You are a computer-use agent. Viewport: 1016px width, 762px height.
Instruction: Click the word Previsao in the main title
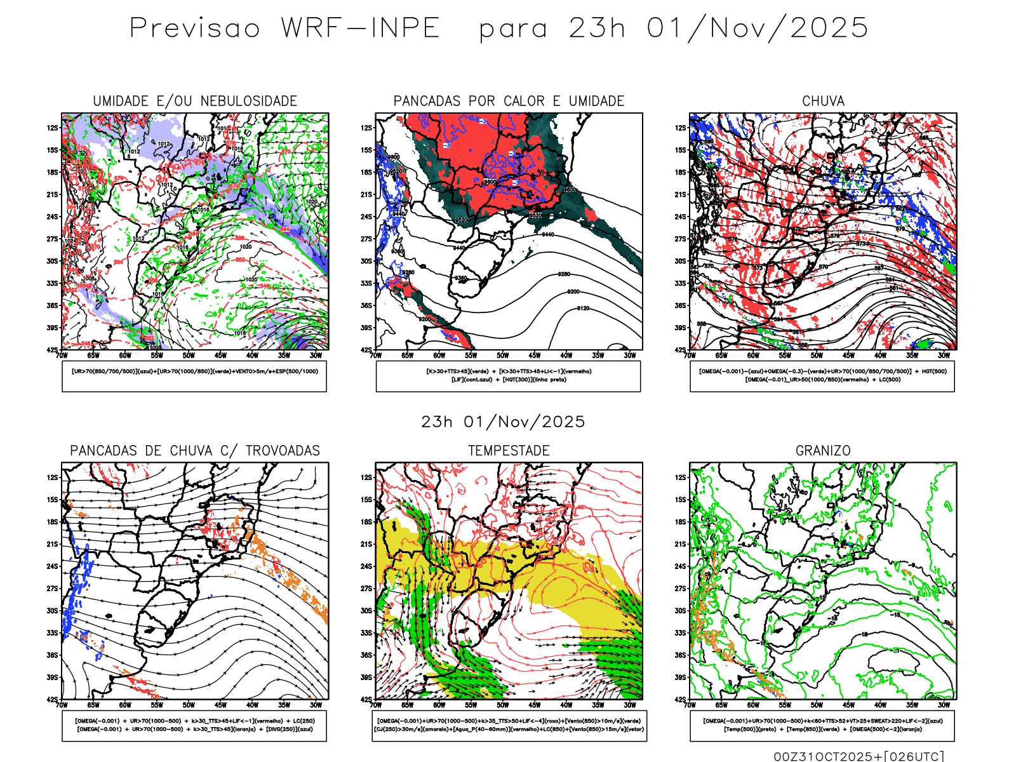[195, 29]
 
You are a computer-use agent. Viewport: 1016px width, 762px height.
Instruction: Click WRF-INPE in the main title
[361, 29]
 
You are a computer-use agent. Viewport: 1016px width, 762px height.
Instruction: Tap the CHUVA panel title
[823, 101]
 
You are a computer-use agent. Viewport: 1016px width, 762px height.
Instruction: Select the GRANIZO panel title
[823, 451]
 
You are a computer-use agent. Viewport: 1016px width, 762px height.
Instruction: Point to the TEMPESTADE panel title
[509, 451]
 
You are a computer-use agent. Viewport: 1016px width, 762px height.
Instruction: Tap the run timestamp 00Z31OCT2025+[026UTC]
[859, 756]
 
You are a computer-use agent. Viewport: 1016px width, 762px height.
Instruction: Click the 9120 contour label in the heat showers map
[583, 309]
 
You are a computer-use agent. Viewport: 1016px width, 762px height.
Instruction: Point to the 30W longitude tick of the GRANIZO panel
[944, 705]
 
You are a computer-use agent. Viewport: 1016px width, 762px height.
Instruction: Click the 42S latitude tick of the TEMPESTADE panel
[367, 700]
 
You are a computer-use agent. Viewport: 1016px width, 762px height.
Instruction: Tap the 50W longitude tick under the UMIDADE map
[189, 356]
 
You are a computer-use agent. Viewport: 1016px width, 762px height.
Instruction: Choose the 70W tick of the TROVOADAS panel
[62, 705]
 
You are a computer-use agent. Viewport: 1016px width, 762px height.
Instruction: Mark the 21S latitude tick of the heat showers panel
[367, 195]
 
